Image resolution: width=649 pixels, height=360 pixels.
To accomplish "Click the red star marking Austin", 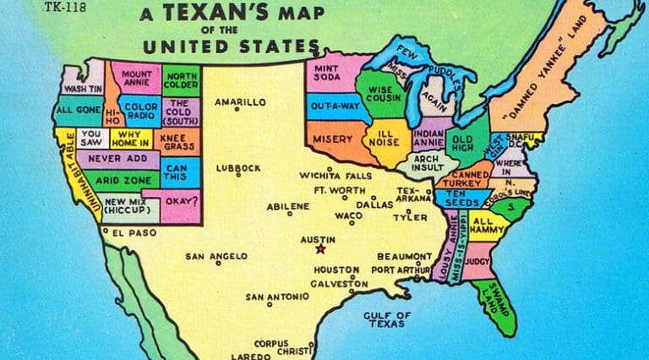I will point(319,249).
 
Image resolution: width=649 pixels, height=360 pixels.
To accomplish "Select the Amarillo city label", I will point(239,102).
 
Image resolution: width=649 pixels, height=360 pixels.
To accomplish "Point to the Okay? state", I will point(182,201).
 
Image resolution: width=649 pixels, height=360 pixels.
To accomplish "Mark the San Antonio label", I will point(270,297).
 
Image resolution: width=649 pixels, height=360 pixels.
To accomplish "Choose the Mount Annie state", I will point(135,79).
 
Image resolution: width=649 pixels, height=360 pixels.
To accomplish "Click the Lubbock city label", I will point(238,168).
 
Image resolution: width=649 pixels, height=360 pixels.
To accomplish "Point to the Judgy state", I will point(477,261).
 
